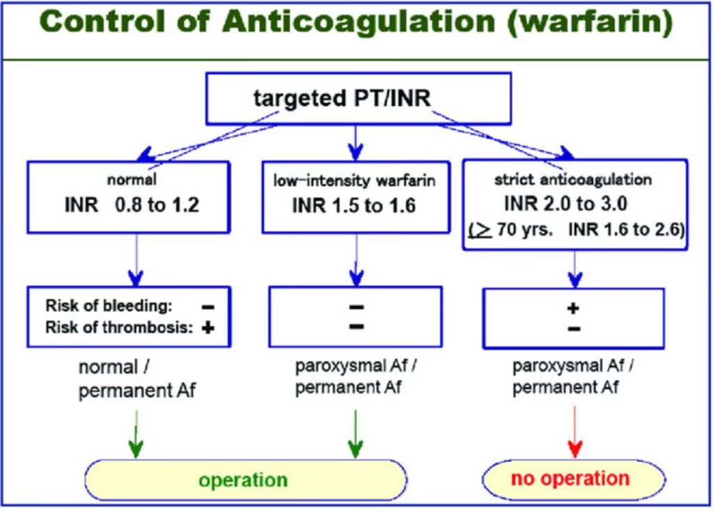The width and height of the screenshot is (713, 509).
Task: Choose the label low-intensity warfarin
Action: [x=354, y=181]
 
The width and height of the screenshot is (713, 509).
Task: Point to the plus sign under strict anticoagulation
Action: [x=574, y=307]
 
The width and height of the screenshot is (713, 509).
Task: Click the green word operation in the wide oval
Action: [x=243, y=480]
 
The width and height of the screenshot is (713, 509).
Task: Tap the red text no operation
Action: [x=570, y=478]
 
